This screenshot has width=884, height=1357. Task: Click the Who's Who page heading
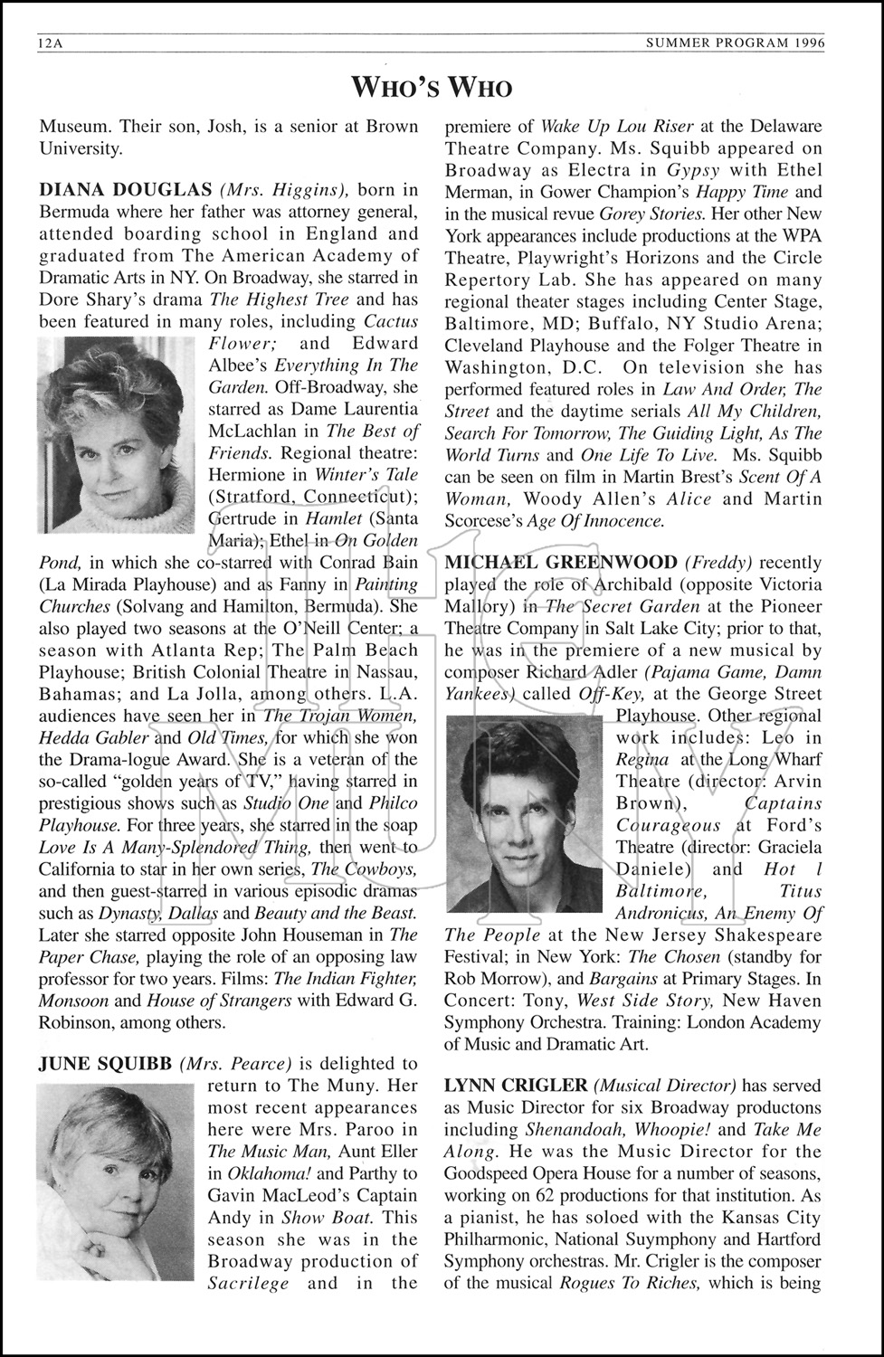432,87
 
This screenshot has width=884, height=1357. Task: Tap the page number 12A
51,43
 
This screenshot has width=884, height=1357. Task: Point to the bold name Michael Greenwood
561,563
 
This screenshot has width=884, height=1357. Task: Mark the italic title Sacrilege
249,1283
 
